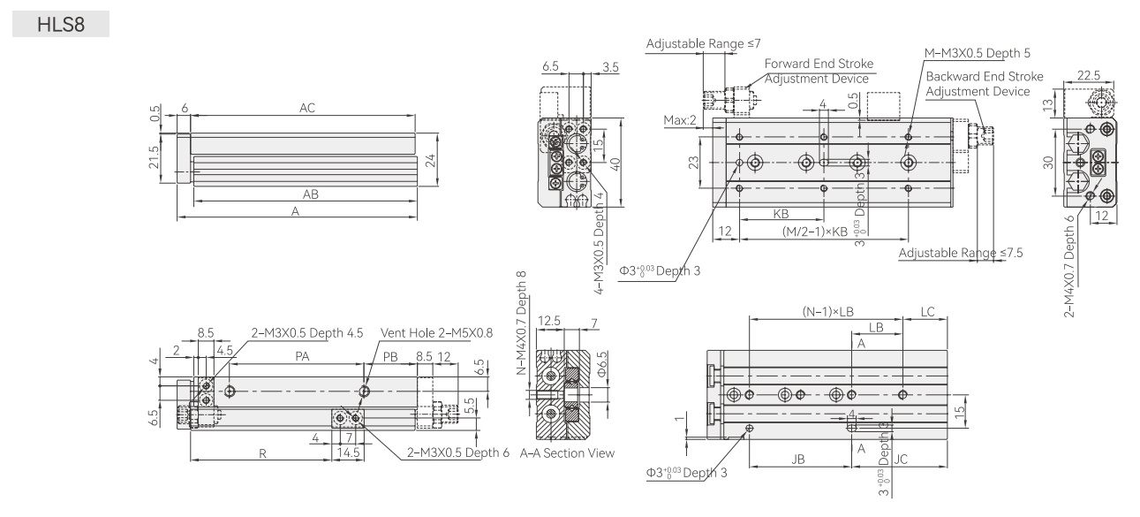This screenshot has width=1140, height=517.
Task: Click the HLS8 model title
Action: [x=61, y=25]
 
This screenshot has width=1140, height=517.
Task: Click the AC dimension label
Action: [x=307, y=108]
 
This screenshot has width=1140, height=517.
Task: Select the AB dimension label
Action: [x=311, y=194]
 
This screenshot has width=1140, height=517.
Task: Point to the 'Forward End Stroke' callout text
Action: [x=819, y=64]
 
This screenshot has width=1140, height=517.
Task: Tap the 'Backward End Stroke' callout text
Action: [x=985, y=76]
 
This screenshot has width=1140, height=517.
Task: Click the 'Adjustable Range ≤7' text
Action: [x=704, y=44]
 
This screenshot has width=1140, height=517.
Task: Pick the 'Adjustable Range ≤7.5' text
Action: [x=961, y=253]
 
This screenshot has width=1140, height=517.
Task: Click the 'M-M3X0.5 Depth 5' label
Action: [x=978, y=53]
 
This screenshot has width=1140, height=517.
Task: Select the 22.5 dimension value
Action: [x=1089, y=75]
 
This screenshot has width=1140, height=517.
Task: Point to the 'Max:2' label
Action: [x=679, y=120]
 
